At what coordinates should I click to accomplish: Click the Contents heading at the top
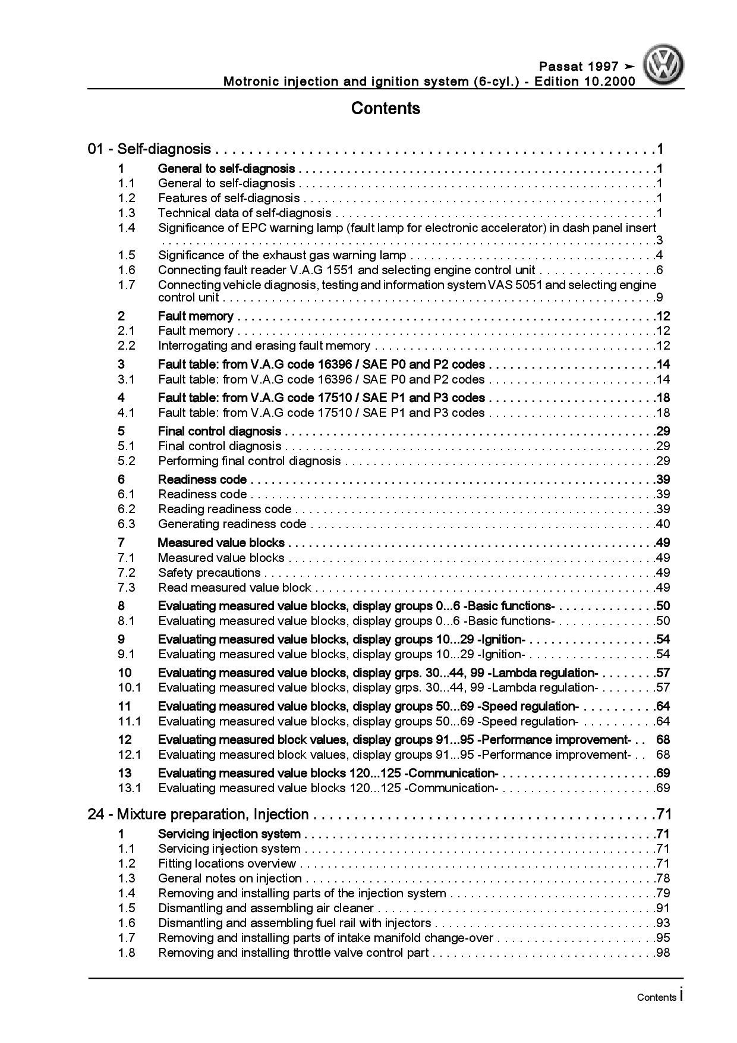(385, 108)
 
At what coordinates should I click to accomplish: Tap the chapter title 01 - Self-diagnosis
(149, 149)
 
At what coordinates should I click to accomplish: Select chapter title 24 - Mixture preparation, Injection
(198, 814)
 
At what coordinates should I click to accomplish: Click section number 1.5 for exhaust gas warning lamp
(127, 255)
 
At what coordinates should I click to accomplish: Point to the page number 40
(663, 524)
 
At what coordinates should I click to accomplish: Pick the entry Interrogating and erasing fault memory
(264, 345)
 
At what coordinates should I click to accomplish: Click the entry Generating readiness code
(232, 524)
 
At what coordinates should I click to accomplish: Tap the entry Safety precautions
(209, 573)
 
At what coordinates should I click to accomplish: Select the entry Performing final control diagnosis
(249, 461)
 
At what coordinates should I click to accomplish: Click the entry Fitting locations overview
(227, 863)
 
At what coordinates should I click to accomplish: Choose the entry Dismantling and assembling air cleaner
(266, 908)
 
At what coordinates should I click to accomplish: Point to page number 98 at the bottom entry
(663, 953)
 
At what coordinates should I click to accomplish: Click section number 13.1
(130, 788)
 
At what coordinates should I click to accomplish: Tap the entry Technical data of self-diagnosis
(244, 213)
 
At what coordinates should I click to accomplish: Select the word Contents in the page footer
(656, 997)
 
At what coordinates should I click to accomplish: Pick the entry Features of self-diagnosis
(229, 198)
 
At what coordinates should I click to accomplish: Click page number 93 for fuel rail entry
(663, 923)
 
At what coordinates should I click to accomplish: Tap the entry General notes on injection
(230, 878)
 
